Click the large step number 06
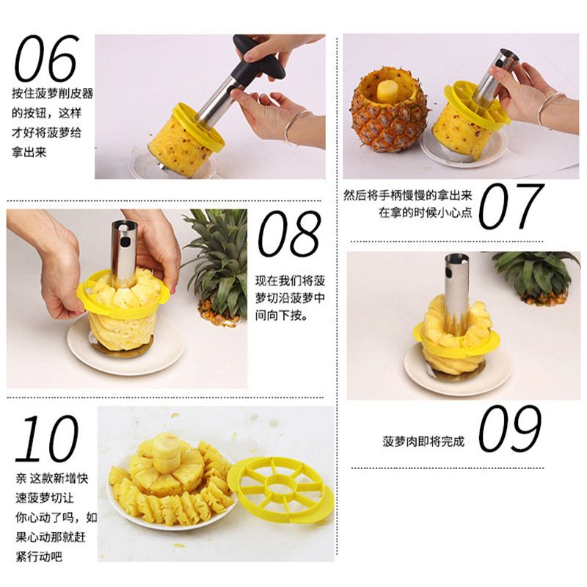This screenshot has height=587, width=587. click(x=46, y=58)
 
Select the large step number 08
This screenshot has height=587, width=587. click(x=289, y=234)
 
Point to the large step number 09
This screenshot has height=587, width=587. click(x=510, y=428)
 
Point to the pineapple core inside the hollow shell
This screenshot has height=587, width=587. click(x=388, y=91)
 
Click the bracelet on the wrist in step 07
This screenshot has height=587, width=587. click(x=549, y=109)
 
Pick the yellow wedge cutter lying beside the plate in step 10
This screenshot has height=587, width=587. click(x=281, y=489)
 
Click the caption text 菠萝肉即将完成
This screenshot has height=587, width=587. click(x=423, y=442)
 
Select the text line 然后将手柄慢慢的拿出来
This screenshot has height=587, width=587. click(x=408, y=195)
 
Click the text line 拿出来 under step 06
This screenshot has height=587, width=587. click(x=29, y=152)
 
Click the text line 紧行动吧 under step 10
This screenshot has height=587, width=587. click(x=39, y=557)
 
